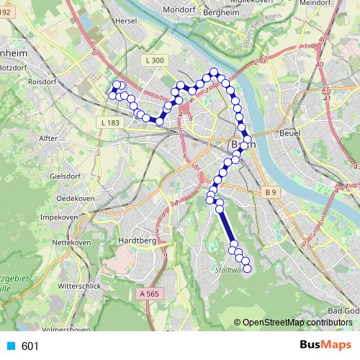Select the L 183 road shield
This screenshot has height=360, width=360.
110,123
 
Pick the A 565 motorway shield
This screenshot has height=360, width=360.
149,294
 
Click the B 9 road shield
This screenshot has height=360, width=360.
270,192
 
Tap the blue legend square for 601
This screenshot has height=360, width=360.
9,346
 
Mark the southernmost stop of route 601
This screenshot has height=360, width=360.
247,269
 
